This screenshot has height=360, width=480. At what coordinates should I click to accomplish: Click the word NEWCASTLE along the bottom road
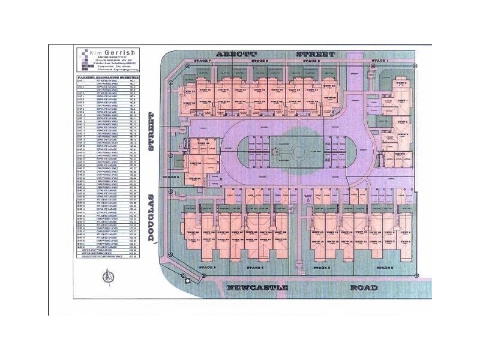pyautogui.click(x=259, y=288)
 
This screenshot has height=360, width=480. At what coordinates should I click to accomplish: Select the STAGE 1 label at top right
pyautogui.click(x=380, y=61)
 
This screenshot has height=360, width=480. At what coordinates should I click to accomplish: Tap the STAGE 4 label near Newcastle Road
pyautogui.click(x=254, y=267)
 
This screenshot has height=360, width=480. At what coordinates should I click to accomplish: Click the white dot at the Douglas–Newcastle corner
pyautogui.click(x=187, y=280)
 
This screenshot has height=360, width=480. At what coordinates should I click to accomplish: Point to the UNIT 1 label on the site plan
pyautogui.click(x=403, y=101)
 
